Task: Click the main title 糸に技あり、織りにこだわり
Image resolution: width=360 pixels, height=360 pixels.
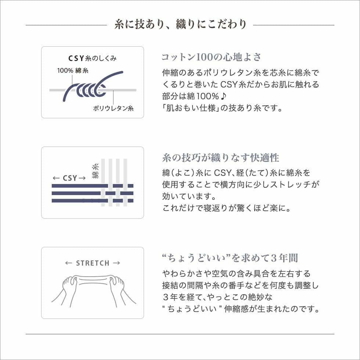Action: [x=180, y=25]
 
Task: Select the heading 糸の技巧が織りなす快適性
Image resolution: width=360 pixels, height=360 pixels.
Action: [x=220, y=158]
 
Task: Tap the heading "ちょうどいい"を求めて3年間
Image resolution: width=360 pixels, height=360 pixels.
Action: [x=230, y=258]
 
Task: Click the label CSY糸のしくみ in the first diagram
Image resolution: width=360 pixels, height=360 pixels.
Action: [x=93, y=58]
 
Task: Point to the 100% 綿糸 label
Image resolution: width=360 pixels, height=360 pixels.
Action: [x=72, y=71]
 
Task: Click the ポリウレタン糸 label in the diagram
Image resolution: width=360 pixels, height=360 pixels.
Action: [x=113, y=108]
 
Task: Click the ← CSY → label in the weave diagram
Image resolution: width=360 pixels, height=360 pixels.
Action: [x=69, y=178]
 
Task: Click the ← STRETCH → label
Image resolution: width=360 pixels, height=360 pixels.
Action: [x=93, y=263]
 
